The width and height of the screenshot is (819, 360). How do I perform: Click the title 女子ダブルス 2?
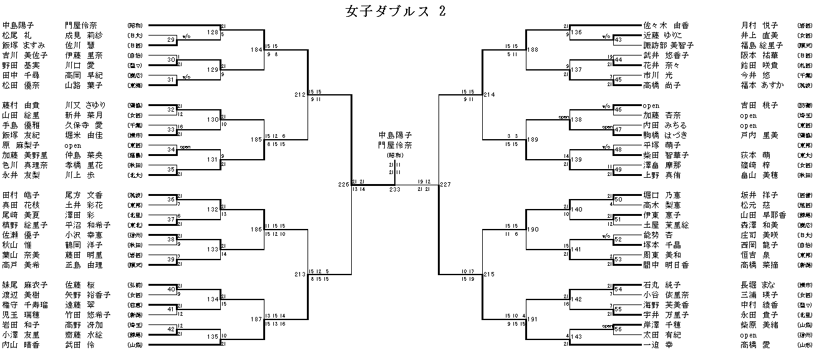[395, 12]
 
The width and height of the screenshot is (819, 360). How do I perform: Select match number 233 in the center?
[395, 189]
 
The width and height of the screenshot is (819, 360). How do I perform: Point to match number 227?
[445, 184]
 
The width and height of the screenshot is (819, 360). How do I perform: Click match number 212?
[300, 95]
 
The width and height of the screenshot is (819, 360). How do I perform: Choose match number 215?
[488, 274]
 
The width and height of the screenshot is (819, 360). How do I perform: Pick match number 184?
[256, 49]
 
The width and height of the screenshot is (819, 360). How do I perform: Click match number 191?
[532, 319]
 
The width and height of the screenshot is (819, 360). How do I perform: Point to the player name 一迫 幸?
[659, 344]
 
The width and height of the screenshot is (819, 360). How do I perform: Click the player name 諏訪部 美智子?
[669, 46]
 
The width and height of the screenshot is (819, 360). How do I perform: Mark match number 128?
[213, 32]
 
